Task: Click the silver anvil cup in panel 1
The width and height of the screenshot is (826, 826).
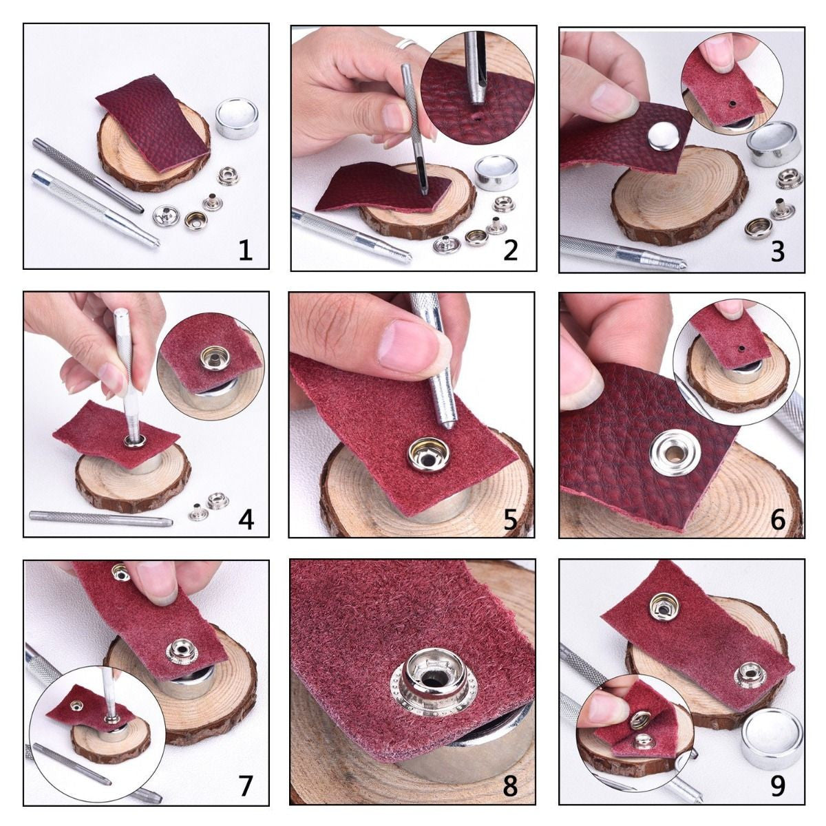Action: (236, 118)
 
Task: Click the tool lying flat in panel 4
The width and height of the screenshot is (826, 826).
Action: (100, 518)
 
